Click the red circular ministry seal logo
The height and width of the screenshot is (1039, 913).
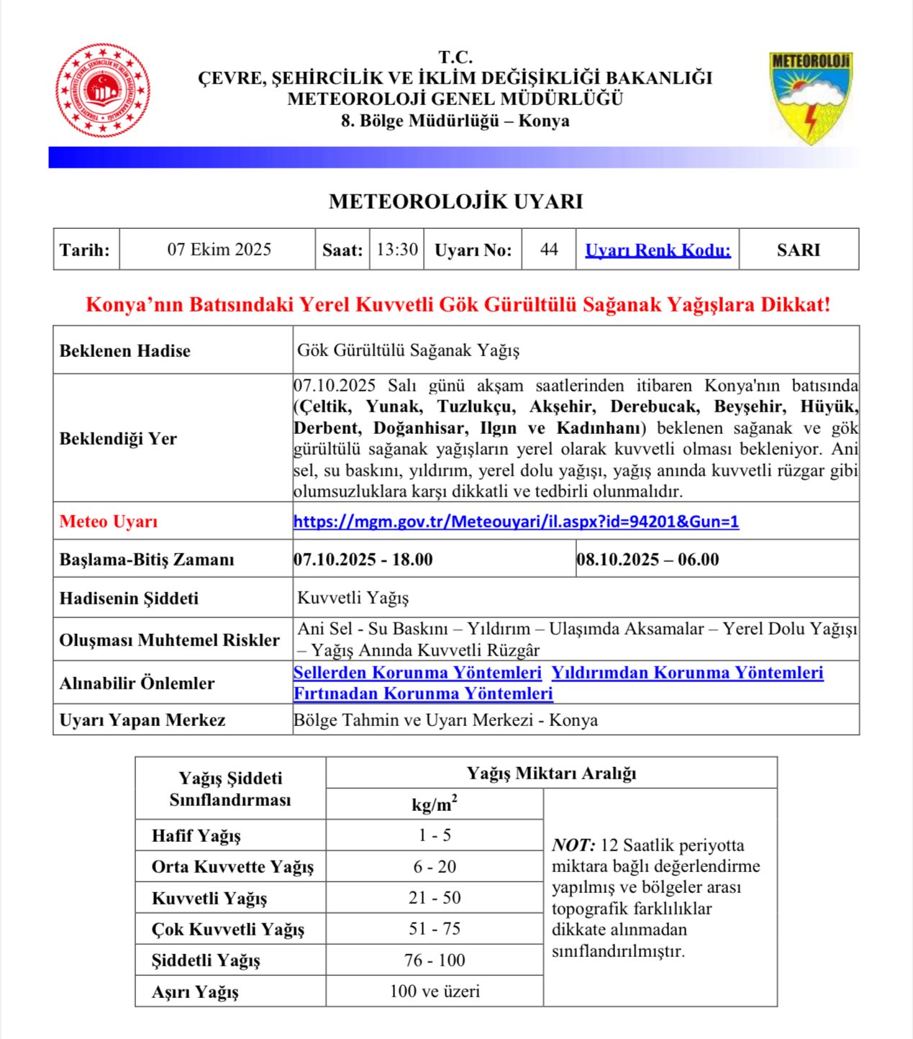(103, 91)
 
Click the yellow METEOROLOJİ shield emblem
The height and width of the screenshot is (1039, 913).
(811, 96)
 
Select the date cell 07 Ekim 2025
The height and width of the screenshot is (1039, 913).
(219, 250)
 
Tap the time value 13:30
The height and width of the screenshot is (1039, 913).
(396, 250)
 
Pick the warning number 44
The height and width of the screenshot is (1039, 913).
(549, 250)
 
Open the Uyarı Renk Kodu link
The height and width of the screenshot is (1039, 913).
(658, 250)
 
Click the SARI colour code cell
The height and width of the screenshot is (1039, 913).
(798, 250)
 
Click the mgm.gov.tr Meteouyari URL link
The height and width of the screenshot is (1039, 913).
(516, 522)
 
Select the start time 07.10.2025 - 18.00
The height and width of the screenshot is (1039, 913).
(363, 560)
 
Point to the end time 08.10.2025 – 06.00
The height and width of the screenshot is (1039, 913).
(648, 560)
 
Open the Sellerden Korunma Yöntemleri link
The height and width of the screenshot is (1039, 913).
(417, 673)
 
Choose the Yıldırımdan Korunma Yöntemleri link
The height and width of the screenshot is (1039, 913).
(687, 673)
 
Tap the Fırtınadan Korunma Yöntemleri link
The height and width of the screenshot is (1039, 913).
(423, 694)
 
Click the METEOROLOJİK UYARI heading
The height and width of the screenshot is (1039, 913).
(455, 201)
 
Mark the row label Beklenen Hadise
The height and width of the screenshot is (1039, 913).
(125, 351)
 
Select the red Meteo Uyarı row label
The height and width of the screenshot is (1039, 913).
(109, 522)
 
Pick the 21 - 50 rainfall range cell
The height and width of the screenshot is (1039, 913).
(435, 898)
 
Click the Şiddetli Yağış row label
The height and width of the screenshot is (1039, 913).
(206, 961)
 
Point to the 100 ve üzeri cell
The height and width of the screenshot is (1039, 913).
(435, 992)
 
